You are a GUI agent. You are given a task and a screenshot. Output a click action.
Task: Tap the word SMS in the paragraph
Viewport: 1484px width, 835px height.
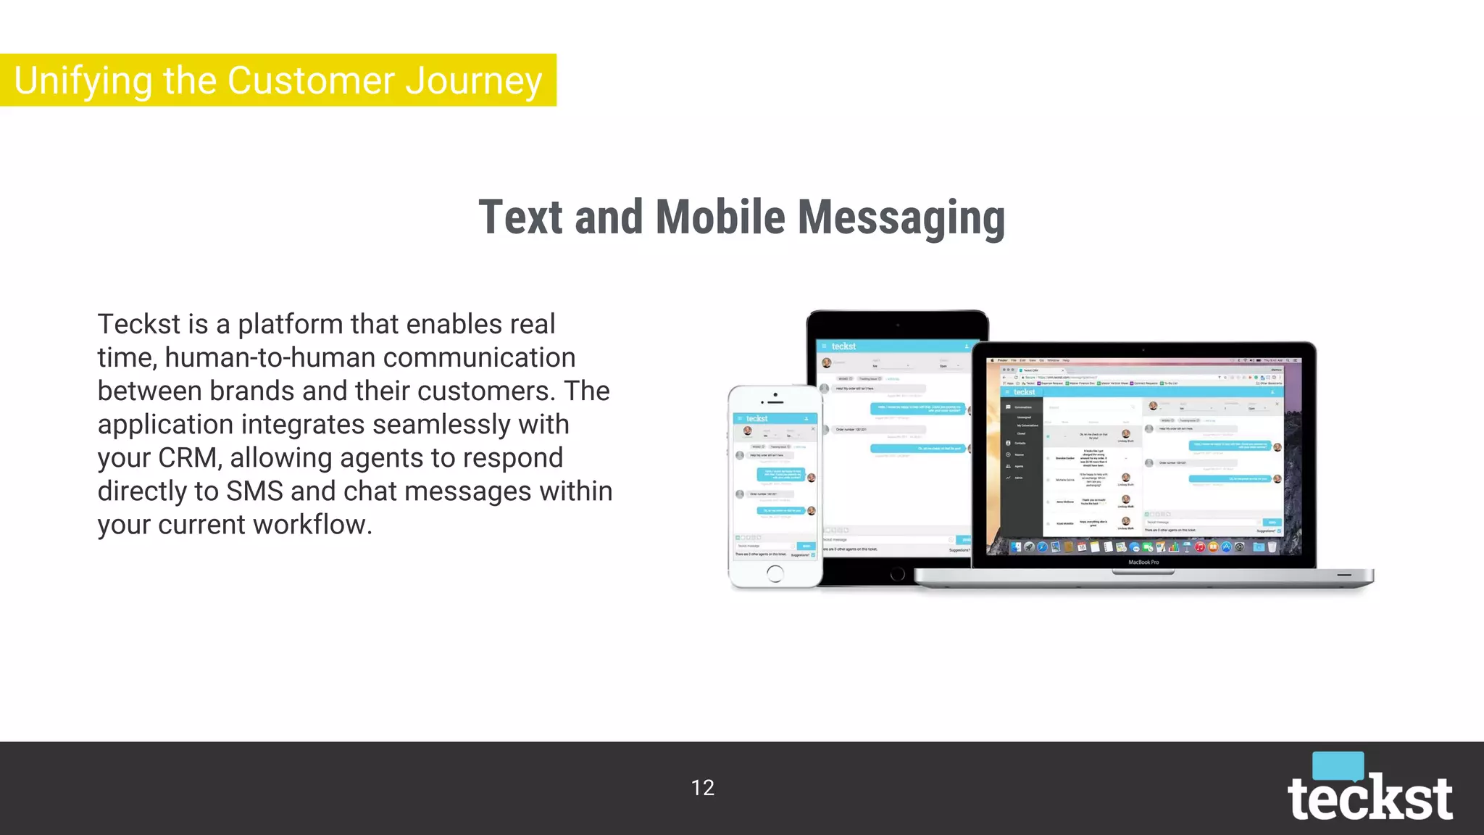pos(254,491)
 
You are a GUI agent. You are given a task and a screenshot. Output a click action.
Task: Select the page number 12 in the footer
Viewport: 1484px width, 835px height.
pos(703,788)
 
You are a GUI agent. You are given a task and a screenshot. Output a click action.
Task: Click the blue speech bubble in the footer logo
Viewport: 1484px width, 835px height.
pos(1338,765)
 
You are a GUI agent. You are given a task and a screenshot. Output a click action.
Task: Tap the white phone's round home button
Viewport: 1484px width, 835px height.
pos(775,574)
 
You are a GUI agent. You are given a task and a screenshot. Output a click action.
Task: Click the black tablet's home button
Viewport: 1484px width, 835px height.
pos(897,575)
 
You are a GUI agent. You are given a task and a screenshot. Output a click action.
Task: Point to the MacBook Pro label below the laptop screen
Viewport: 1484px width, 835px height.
pos(1143,562)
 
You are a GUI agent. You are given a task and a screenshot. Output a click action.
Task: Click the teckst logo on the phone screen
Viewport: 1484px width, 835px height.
pos(756,419)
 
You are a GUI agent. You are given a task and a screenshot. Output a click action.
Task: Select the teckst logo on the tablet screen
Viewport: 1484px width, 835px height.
pos(843,346)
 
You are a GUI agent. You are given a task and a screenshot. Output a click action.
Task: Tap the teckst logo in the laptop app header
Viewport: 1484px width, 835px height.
pos(1024,392)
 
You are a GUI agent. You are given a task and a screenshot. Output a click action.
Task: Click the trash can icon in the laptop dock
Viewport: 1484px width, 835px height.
pos(1272,547)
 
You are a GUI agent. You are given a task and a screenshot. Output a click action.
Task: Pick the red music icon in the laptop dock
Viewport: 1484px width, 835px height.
pos(1199,547)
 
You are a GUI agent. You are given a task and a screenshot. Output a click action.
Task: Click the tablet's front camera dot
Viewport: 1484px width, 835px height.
pos(897,325)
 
